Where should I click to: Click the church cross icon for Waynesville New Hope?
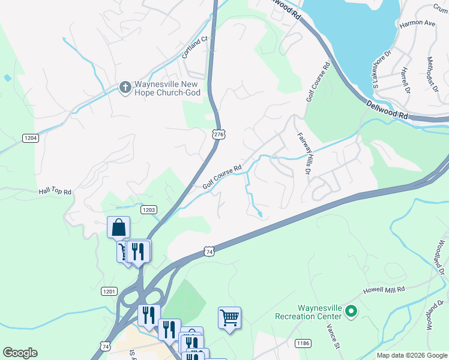point(125,88)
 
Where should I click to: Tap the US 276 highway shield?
point(218,134)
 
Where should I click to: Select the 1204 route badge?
point(31,138)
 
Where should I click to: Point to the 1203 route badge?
point(149,209)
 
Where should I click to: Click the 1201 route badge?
point(109,291)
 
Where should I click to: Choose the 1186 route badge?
point(303,343)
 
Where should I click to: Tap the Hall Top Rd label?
point(55,192)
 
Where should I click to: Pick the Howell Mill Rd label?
point(384,290)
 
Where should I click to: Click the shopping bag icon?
point(119,227)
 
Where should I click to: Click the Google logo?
point(20,353)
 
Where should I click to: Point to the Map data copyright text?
point(412,355)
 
